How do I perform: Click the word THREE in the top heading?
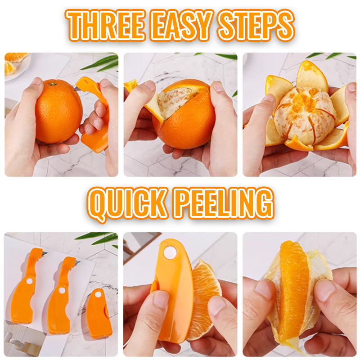point(106,25)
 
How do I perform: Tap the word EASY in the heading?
point(181,25)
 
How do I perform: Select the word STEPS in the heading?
point(256,25)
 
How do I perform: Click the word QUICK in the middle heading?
point(127,204)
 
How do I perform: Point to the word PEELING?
point(224,203)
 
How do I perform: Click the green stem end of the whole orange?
point(53,84)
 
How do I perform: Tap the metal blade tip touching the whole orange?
point(75,88)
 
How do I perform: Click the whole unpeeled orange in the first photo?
point(58,111)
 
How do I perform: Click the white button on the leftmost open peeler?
point(29,281)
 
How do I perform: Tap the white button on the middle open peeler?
point(62,290)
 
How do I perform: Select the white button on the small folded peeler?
point(98,294)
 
